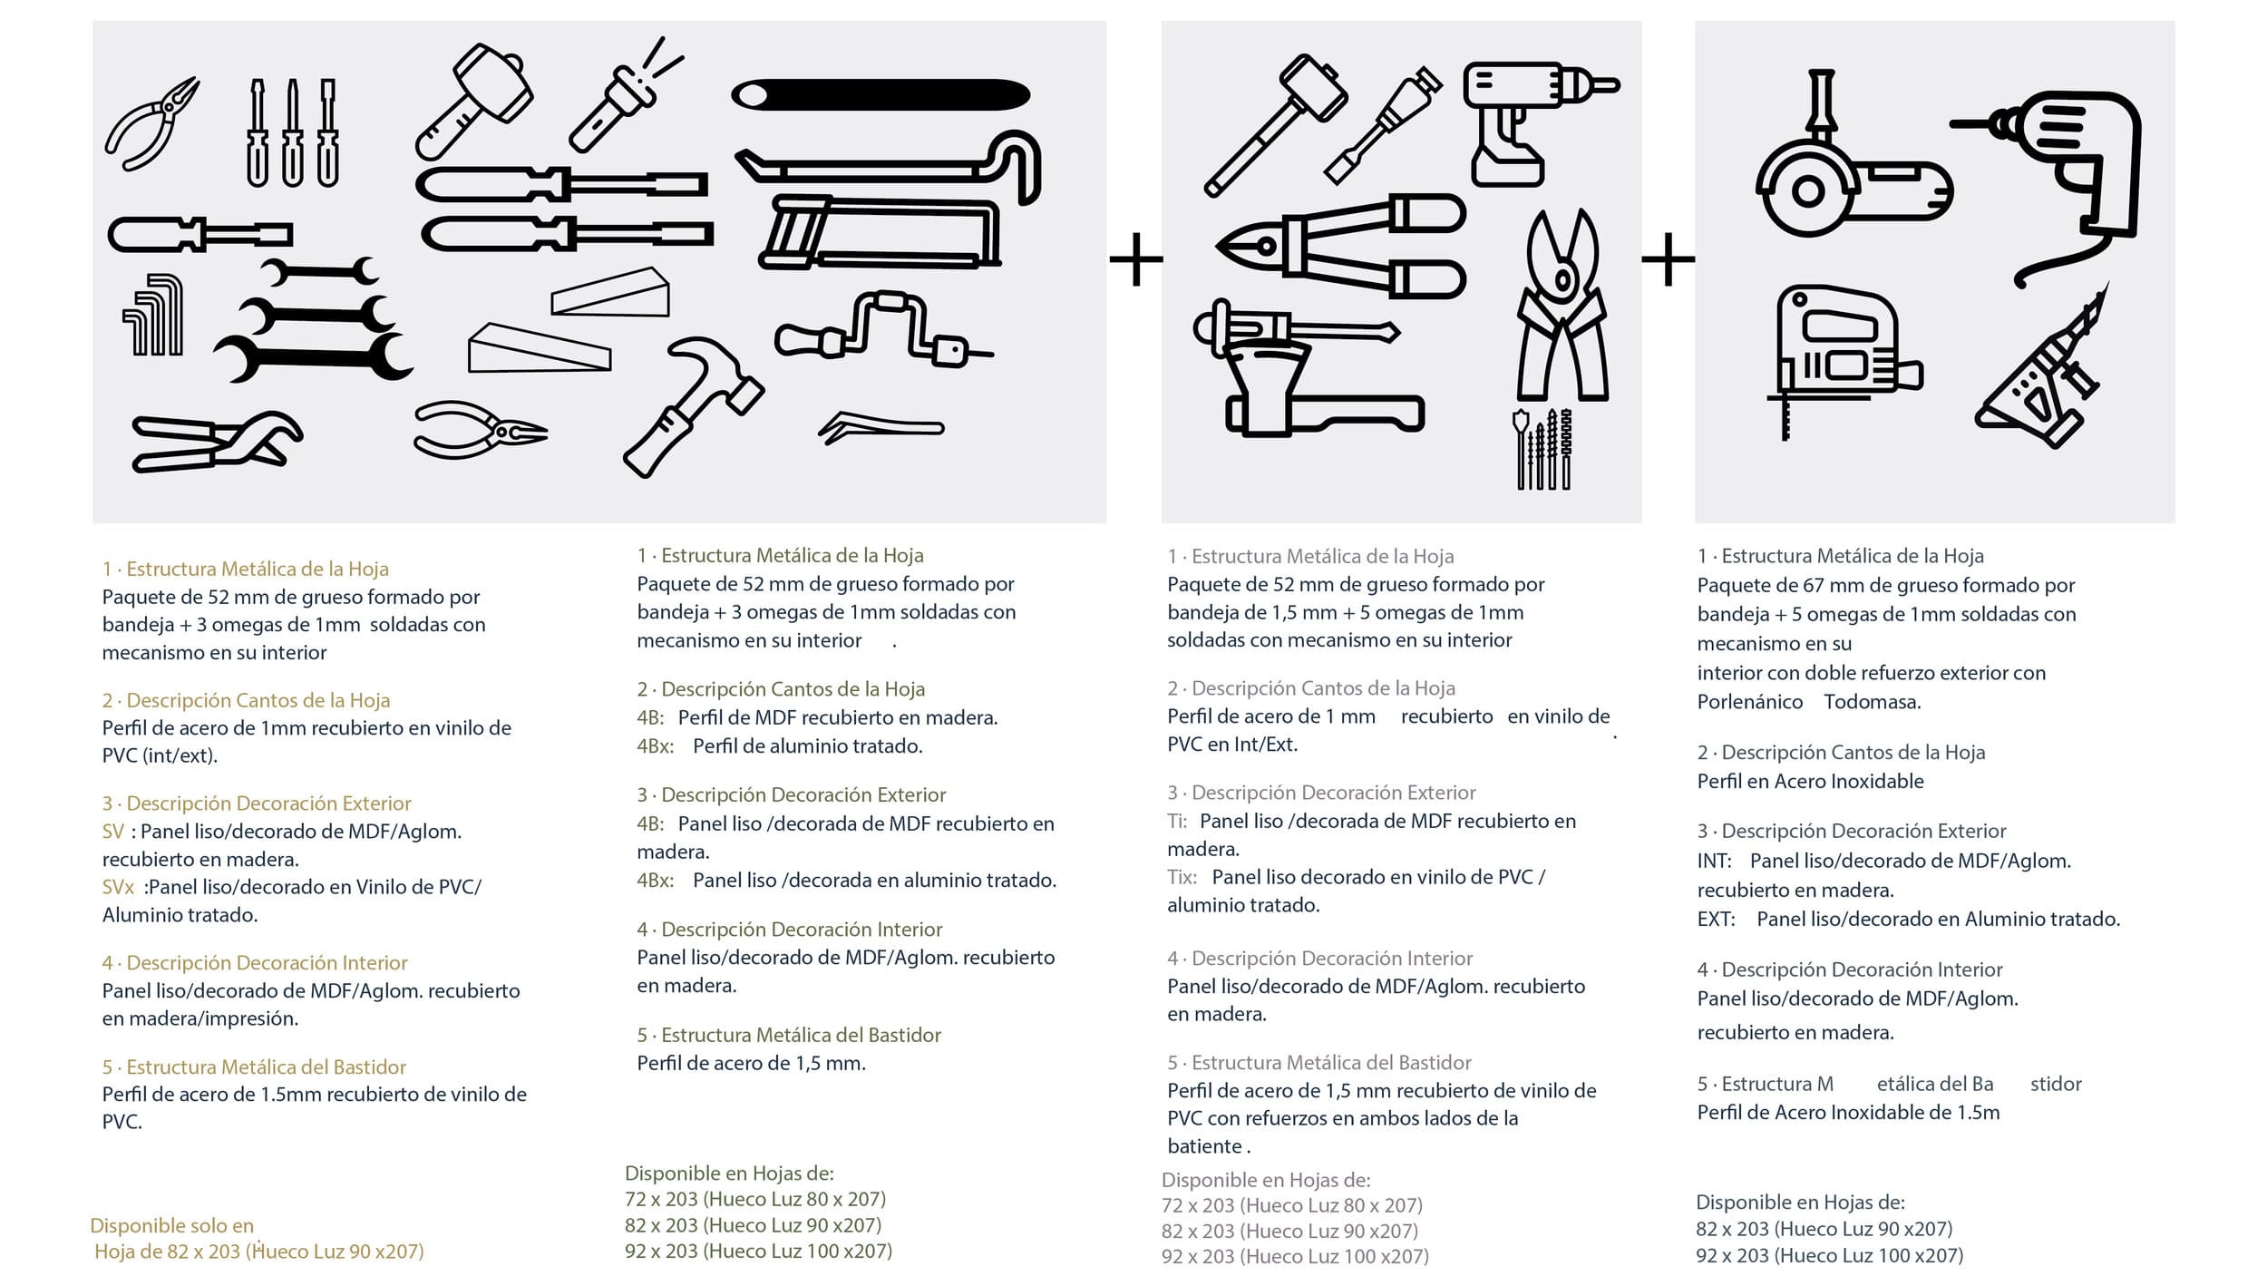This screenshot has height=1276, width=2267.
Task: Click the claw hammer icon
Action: pyautogui.click(x=694, y=404)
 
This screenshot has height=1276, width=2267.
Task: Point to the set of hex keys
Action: pyautogui.click(x=154, y=315)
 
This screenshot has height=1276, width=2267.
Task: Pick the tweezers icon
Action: pyautogui.click(x=880, y=427)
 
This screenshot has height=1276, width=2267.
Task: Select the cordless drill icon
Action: pyautogui.click(x=1523, y=118)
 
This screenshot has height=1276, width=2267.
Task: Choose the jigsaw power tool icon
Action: pyautogui.click(x=1841, y=354)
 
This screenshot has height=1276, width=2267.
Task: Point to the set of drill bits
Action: pyautogui.click(x=1542, y=449)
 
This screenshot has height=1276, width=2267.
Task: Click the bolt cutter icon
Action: pyautogui.click(x=1342, y=245)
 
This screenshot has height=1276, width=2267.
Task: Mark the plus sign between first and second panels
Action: pyautogui.click(x=1135, y=259)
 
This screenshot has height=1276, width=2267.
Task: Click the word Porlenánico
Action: pyautogui.click(x=1749, y=702)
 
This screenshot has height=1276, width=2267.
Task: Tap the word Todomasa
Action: pyautogui.click(x=1872, y=702)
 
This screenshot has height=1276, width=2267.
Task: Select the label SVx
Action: pyautogui.click(x=118, y=887)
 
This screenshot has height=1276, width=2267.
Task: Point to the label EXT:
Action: pyautogui.click(x=1716, y=920)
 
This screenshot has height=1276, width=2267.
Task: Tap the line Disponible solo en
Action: pyautogui.click(x=171, y=1226)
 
